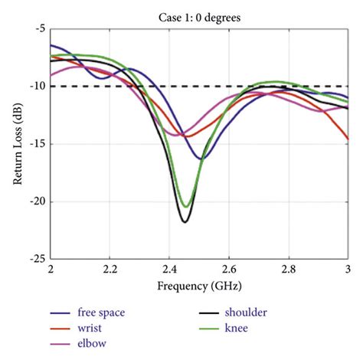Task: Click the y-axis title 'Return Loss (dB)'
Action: coord(18,144)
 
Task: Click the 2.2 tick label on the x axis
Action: coord(110,270)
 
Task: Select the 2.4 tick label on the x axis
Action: coord(169,270)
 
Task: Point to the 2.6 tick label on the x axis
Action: coord(228,270)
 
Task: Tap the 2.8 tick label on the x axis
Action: coord(288,270)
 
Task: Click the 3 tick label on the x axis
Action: coord(347,270)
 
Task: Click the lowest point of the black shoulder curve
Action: coord(185,222)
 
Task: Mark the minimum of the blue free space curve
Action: coord(201,159)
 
